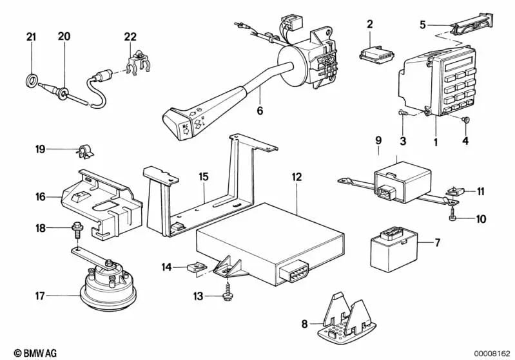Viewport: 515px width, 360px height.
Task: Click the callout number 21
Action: [x=31, y=37]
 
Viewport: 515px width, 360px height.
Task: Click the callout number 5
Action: [x=423, y=25]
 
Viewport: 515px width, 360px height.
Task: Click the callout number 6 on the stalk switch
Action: [x=260, y=111]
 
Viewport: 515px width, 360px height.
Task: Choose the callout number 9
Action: [x=378, y=139]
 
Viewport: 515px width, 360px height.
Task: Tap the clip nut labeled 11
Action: [x=456, y=191]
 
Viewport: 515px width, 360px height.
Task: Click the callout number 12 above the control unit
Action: [x=296, y=175]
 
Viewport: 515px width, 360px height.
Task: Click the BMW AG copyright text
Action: [x=25, y=352]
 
